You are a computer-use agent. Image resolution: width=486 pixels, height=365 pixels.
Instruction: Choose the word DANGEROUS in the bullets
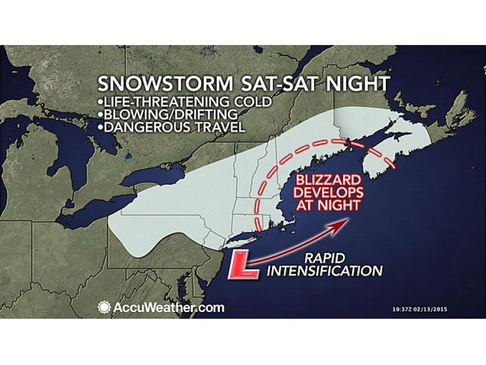click(x=134, y=128)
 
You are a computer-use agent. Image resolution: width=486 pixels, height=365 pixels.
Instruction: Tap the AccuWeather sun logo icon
click(x=104, y=307)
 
